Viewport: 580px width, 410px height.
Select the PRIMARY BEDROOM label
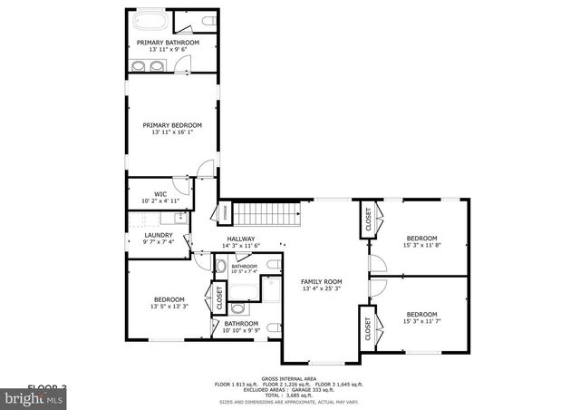(x=172, y=125)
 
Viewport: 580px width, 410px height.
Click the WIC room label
(x=159, y=193)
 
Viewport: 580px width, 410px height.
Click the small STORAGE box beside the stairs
(x=225, y=212)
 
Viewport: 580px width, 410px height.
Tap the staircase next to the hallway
(x=267, y=215)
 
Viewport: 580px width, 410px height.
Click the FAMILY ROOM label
(x=321, y=281)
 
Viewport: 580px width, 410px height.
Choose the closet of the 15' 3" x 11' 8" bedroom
(x=368, y=220)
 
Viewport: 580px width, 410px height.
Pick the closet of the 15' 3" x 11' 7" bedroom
(x=368, y=327)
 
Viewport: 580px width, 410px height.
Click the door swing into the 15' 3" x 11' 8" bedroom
(x=379, y=262)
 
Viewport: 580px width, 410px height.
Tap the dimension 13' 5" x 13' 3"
(x=169, y=307)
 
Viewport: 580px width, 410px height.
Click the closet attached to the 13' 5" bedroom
(x=218, y=296)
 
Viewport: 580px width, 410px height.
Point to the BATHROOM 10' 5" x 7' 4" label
(x=244, y=267)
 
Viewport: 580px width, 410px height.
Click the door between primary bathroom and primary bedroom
(x=183, y=66)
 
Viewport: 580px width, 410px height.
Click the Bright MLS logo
(x=33, y=397)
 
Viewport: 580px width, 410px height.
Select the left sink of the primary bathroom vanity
(x=137, y=66)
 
